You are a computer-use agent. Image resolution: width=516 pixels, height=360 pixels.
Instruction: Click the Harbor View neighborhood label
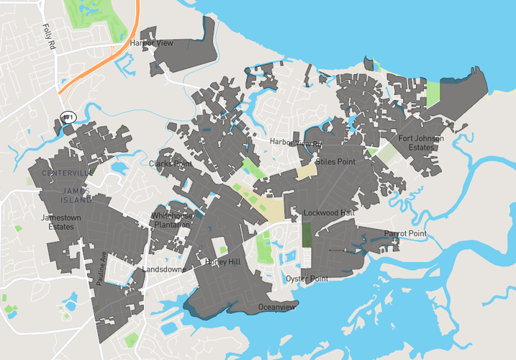(151, 44)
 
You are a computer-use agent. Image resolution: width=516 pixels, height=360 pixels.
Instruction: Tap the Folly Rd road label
(49, 34)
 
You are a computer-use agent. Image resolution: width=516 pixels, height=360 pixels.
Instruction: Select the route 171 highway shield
(68, 117)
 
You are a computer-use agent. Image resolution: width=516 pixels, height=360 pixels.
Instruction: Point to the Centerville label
(68, 174)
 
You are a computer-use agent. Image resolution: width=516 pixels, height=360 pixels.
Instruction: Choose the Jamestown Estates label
(55, 222)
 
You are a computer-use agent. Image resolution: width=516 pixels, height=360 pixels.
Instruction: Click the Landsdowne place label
(165, 269)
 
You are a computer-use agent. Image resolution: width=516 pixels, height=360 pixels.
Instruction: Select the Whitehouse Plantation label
(171, 220)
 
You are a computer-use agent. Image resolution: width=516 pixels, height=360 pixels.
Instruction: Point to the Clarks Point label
(171, 164)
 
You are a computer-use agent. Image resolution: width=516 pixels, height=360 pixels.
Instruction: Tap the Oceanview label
(277, 307)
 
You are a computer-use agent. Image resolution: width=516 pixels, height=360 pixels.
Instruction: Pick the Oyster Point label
(307, 279)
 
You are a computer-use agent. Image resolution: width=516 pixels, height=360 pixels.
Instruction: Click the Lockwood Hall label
(329, 213)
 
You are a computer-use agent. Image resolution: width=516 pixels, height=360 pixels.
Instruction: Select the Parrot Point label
(405, 234)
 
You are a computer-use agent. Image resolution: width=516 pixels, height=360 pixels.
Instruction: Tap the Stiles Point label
(335, 162)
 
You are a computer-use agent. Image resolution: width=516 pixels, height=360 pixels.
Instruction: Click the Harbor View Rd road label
(296, 143)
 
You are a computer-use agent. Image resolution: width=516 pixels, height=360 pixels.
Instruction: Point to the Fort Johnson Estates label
(421, 143)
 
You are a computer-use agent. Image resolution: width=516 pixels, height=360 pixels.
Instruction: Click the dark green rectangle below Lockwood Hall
(307, 234)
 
